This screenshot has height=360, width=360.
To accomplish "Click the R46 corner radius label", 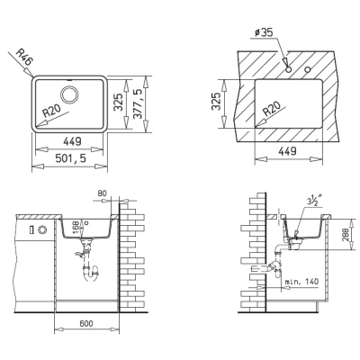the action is click(23, 58).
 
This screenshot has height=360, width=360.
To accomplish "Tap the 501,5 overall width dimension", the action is click(70, 157).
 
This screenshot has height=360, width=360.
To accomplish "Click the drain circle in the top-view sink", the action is click(69, 94).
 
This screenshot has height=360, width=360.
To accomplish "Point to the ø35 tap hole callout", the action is click(264, 32).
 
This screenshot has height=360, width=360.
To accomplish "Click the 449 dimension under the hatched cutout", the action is click(287, 151).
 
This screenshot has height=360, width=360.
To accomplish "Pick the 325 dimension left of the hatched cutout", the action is click(217, 101).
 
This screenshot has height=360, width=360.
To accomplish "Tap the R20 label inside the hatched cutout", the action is click(272, 109).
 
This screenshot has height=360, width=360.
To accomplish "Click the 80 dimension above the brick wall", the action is click(102, 193).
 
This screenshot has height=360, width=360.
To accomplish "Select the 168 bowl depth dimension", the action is click(76, 228).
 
